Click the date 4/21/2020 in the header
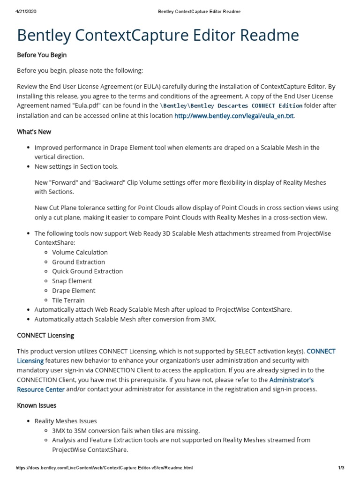[26, 11]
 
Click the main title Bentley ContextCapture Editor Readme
[157, 36]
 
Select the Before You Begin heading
[42, 55]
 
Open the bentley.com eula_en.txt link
[234, 116]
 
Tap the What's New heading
[34, 132]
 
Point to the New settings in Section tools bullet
[76, 166]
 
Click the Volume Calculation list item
[80, 252]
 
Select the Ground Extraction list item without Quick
[78, 262]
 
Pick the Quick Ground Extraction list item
[87, 271]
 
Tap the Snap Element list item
[72, 281]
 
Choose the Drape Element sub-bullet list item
[74, 291]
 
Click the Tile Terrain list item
[68, 300]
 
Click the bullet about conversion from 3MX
[125, 319]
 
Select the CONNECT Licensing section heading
[45, 336]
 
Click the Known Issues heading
[37, 405]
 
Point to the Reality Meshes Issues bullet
[66, 421]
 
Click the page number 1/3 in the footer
[341, 468]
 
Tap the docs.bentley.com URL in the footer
[104, 468]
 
